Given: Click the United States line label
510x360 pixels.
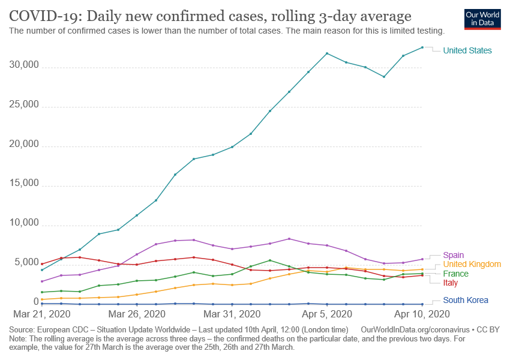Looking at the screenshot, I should pyautogui.click(x=467, y=51).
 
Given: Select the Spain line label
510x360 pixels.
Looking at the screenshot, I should pyautogui.click(x=454, y=255).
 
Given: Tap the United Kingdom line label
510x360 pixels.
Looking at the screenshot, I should pyautogui.click(x=472, y=265).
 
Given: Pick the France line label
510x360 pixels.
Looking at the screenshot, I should pyautogui.click(x=456, y=274).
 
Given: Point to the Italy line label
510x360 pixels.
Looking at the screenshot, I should pyautogui.click(x=451, y=283).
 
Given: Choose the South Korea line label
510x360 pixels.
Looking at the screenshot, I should pyautogui.click(x=466, y=300).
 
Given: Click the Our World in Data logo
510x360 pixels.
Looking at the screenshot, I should pyautogui.click(x=483, y=19).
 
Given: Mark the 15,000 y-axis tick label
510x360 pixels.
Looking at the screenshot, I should pyautogui.click(x=23, y=184).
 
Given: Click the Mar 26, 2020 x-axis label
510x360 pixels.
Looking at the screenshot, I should pyautogui.click(x=138, y=314).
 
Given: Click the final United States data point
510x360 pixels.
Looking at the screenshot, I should pyautogui.click(x=422, y=47).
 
